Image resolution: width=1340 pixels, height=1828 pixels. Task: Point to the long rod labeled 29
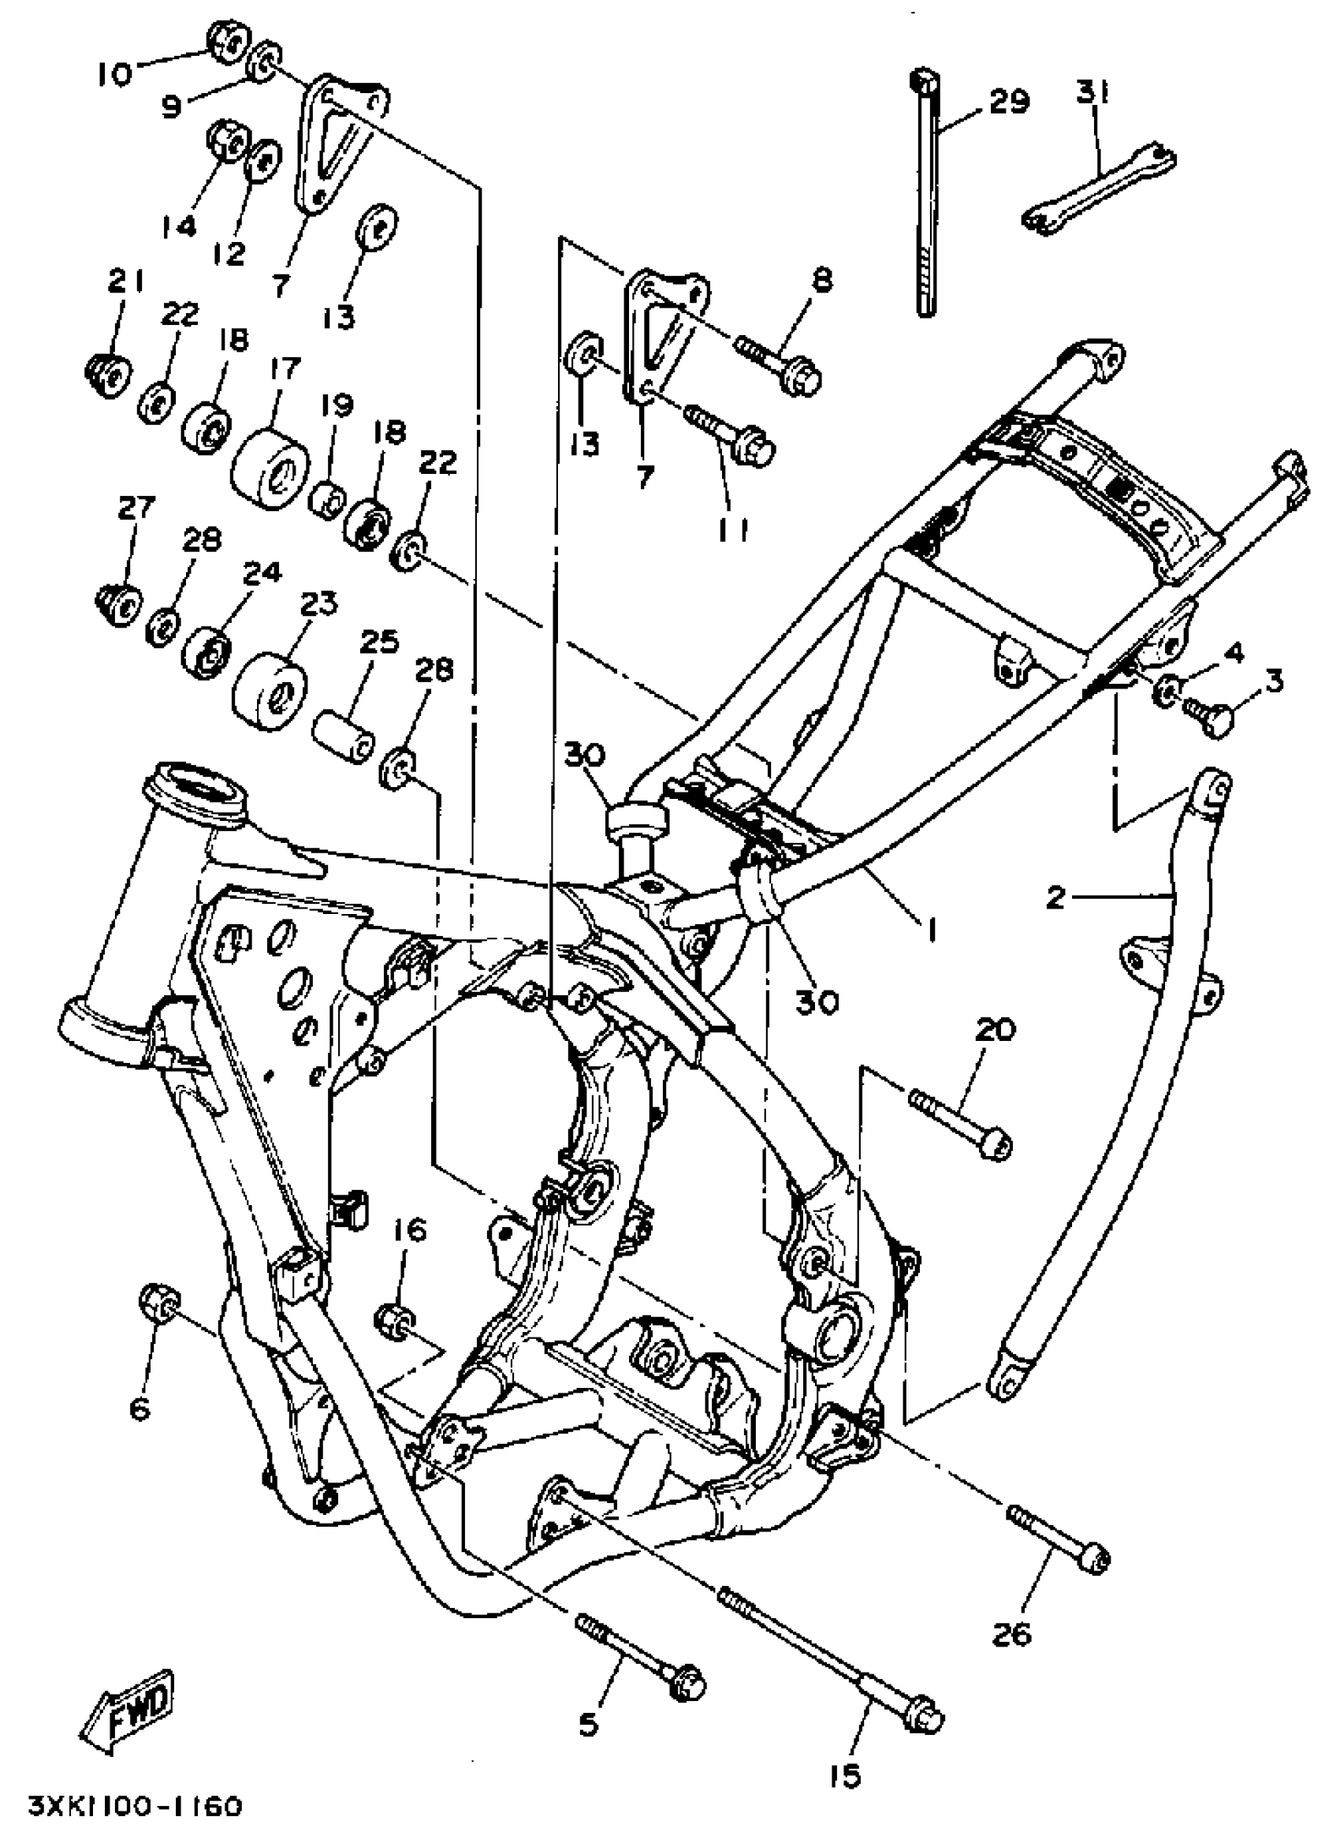927,195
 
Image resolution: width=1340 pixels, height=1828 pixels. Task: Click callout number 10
114,75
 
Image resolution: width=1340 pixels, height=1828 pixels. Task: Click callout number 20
995,1031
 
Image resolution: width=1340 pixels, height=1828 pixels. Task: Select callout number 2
1055,897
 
